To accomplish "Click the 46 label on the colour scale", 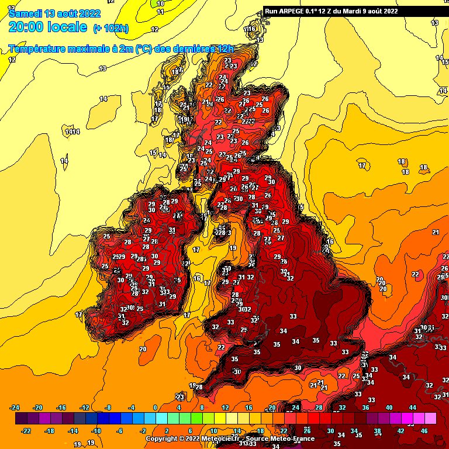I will click(425, 430).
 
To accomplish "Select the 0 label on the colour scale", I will click(155, 407).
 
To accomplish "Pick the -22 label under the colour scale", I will click(26, 430).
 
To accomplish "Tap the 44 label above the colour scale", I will click(412, 407).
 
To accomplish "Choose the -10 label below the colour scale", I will click(96, 430).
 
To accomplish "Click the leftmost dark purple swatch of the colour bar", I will click(20, 419).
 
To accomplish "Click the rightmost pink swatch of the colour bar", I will click(430, 419).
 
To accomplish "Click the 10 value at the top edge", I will click(160, 4).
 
